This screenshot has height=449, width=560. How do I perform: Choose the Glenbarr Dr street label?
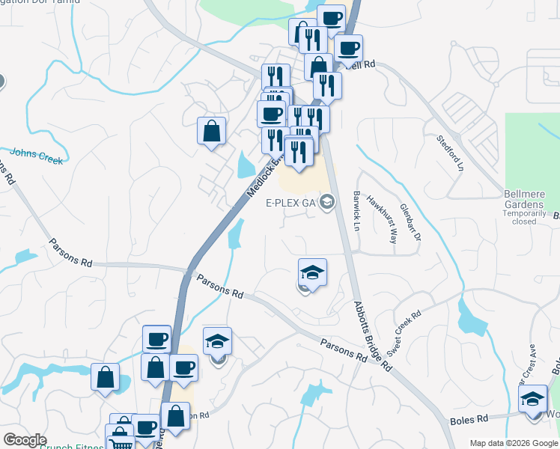coord(411,222)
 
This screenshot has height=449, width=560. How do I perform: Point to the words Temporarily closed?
coord(530,217)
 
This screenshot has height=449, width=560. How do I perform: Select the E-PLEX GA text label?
coord(291,203)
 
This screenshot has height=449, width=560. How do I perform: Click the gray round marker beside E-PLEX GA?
coord(327,202)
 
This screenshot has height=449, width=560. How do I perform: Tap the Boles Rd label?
coord(469,421)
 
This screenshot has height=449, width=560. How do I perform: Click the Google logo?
coord(25,440)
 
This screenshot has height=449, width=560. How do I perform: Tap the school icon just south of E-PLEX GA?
coord(313,271)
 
